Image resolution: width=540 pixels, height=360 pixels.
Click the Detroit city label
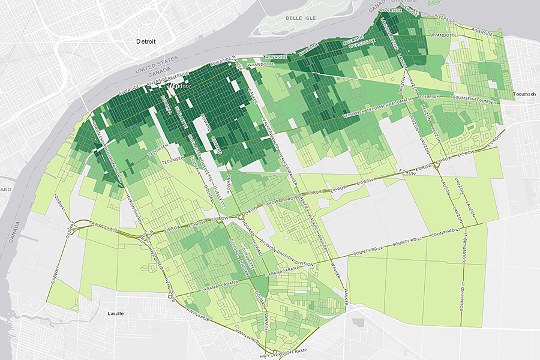146,42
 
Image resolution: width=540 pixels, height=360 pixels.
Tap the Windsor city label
178,86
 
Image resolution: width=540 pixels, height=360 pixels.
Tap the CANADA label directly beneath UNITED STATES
159,77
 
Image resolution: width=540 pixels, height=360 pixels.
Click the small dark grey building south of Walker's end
359,322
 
